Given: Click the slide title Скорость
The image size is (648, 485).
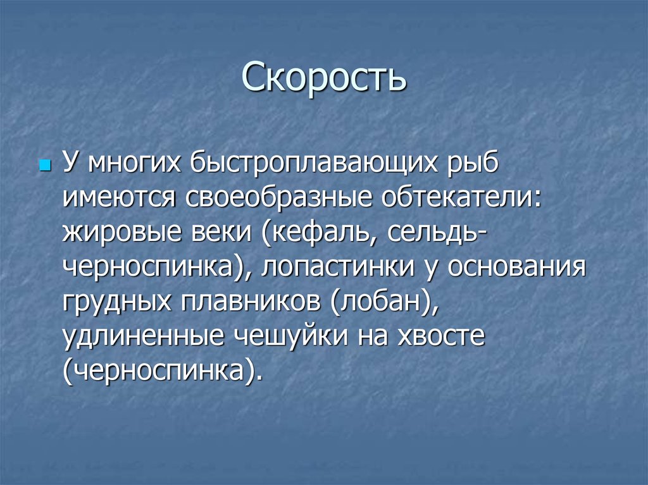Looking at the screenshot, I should click(x=323, y=77).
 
